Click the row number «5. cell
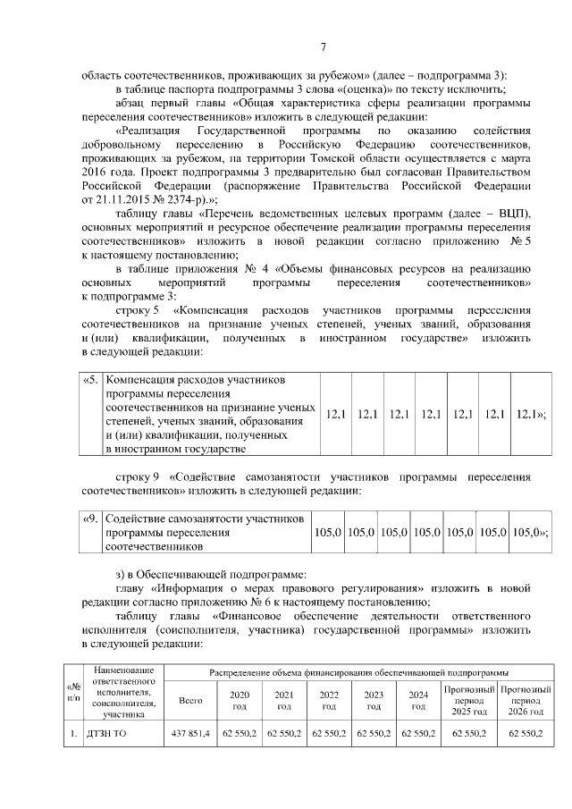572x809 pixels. pyautogui.click(x=90, y=380)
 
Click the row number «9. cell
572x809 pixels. pyautogui.click(x=90, y=518)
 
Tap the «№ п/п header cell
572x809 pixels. pyautogui.click(x=71, y=692)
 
